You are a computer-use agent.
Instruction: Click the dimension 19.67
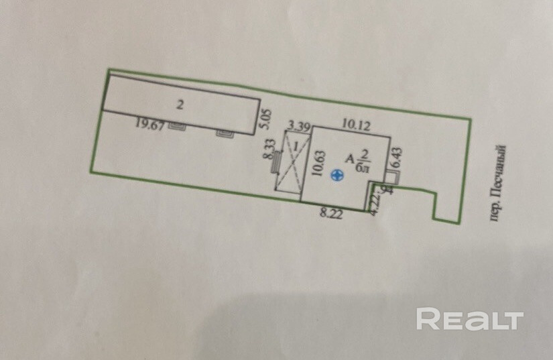149,123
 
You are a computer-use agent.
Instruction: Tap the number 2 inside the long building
180,104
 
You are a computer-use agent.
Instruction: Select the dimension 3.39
298,125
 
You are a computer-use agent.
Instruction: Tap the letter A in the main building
349,158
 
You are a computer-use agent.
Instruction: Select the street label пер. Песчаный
496,184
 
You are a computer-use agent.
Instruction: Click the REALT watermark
469,318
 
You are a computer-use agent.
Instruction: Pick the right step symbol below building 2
225,133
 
